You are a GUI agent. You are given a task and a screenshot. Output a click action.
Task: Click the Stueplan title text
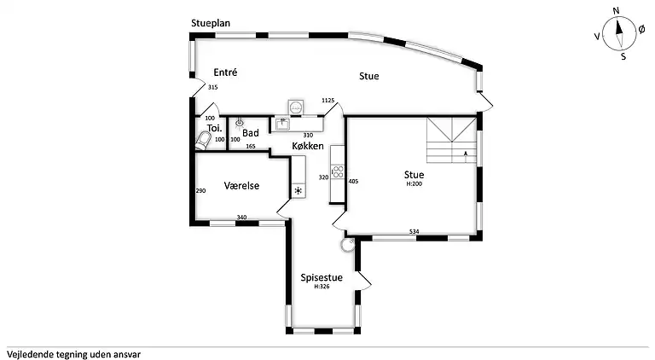click(211, 23)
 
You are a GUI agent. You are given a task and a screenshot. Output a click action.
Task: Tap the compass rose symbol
click(619, 34)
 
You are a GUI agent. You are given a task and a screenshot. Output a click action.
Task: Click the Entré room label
click(225, 73)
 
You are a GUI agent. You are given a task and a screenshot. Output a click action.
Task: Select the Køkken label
click(308, 146)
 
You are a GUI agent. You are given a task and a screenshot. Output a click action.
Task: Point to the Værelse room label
click(241, 185)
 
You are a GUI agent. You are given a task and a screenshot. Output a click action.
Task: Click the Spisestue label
click(322, 278)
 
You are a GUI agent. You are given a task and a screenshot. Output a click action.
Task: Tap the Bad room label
click(251, 133)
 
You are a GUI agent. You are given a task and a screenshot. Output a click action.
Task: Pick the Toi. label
click(215, 128)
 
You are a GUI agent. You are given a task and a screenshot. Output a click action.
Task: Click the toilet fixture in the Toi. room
click(203, 141)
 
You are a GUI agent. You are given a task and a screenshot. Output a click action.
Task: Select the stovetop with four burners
click(338, 172)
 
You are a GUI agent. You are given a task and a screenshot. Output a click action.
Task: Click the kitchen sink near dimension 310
click(283, 124)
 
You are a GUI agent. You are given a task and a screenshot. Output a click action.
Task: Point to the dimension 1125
click(327, 100)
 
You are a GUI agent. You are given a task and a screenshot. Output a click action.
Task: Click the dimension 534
click(414, 231)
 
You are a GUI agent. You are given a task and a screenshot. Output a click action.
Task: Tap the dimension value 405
click(353, 181)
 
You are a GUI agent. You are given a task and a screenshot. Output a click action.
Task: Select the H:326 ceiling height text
click(322, 287)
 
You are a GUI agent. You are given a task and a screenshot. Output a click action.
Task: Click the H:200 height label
click(414, 183)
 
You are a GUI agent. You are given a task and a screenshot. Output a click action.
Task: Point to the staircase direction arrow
click(466, 157)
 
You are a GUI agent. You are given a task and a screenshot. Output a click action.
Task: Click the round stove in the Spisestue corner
click(348, 245)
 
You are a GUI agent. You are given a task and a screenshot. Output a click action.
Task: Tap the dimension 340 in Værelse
click(241, 218)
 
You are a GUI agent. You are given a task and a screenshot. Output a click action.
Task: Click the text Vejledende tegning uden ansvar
click(73, 355)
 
